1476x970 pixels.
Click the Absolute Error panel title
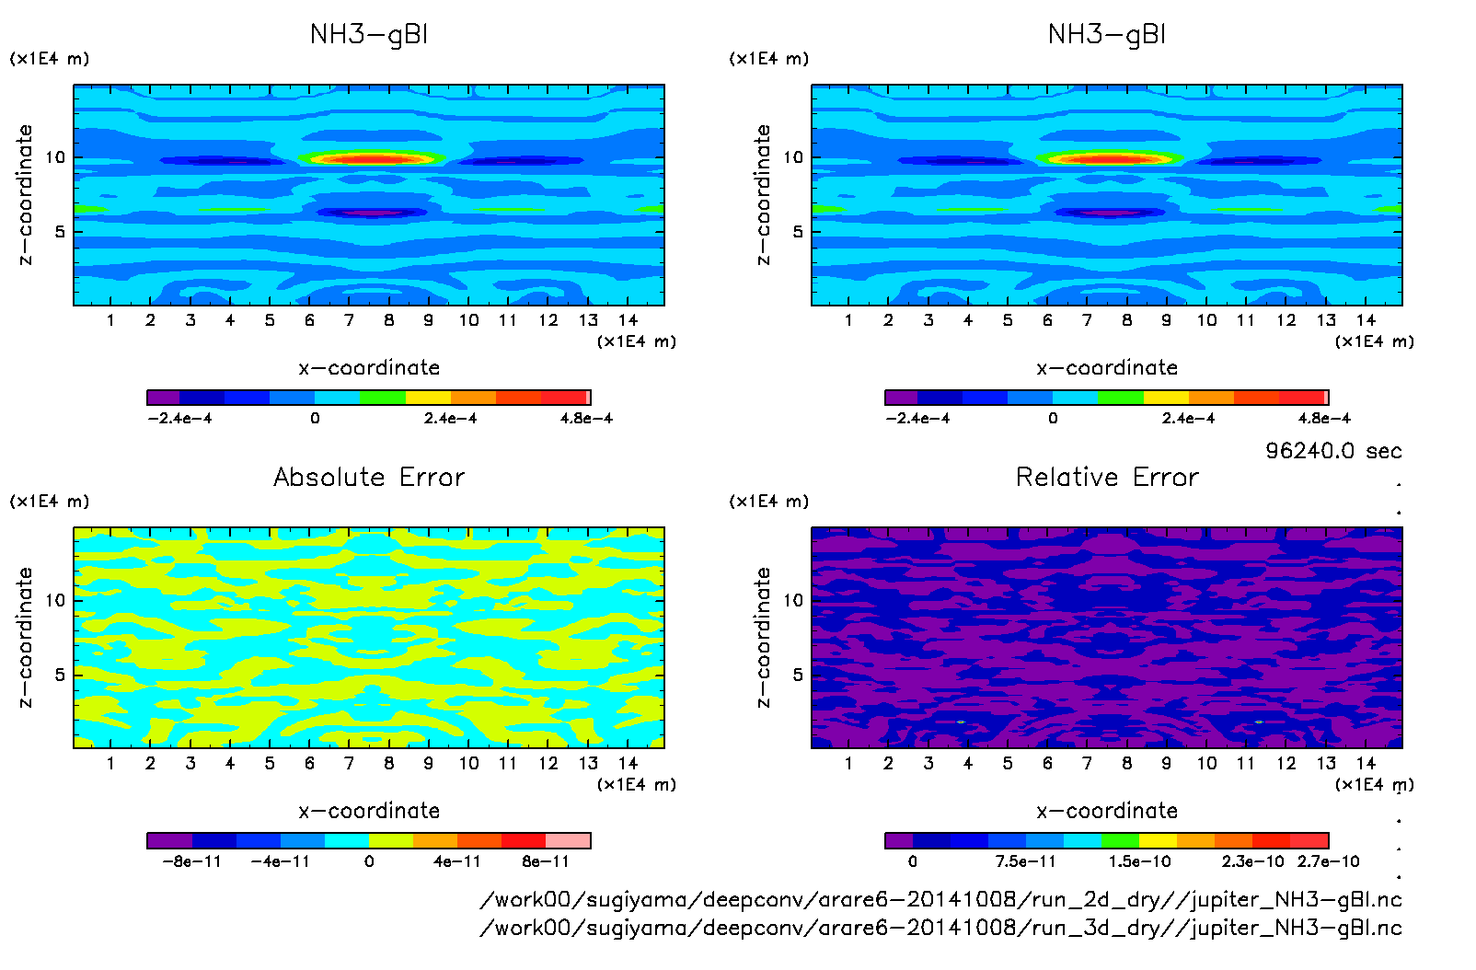coord(369,477)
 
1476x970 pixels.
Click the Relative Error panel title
coord(1107,477)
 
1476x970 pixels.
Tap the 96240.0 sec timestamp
coord(1333,451)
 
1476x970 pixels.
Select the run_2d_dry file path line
coord(940,899)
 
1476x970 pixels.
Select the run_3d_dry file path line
coord(940,928)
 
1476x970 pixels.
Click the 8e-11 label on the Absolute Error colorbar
coord(546,861)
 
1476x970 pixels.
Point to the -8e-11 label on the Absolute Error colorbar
coord(191,861)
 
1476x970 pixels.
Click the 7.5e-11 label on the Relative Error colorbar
coord(1025,861)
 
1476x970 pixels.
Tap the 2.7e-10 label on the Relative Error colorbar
coord(1328,861)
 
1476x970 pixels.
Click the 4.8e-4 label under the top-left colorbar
coord(586,419)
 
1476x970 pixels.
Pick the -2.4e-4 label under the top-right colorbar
coord(917,419)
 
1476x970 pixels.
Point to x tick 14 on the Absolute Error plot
coord(628,763)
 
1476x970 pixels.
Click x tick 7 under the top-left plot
coord(349,320)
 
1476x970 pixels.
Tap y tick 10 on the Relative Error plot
coord(793,600)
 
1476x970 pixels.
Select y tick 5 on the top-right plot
coord(798,232)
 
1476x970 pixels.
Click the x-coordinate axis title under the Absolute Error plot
coord(369,811)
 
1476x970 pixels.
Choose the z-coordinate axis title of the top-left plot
coord(25,195)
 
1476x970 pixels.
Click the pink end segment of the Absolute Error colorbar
coord(568,840)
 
